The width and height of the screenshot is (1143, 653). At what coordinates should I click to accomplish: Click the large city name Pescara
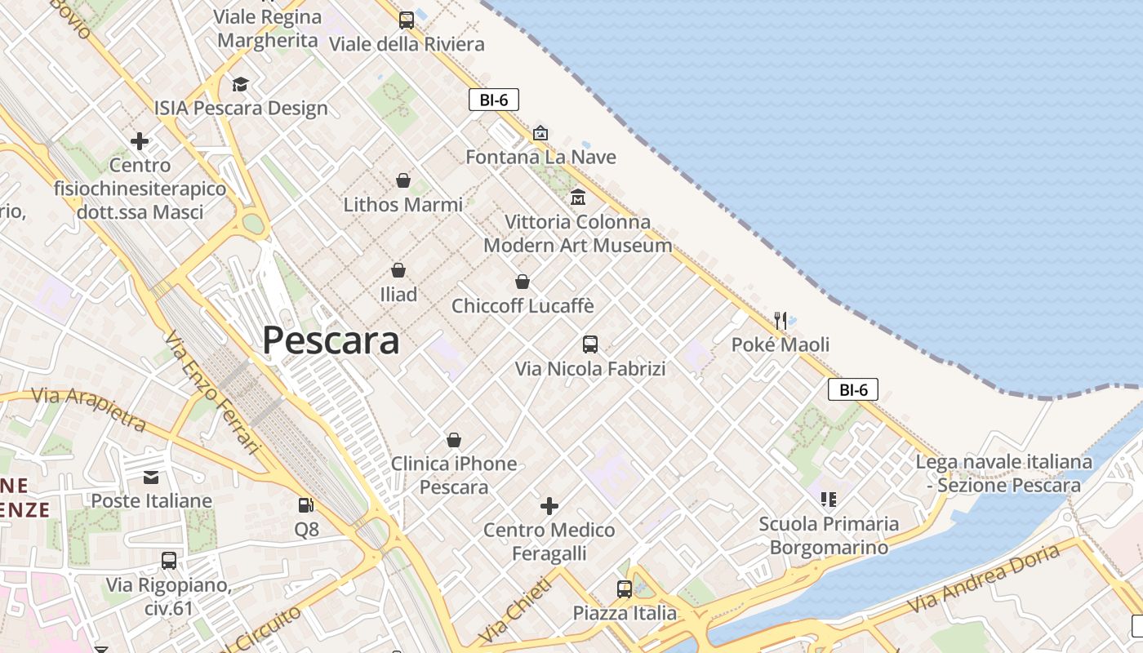[331, 340]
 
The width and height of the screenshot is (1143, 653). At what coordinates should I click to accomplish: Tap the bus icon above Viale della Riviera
[406, 20]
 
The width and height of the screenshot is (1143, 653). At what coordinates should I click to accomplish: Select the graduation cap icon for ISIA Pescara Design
[240, 84]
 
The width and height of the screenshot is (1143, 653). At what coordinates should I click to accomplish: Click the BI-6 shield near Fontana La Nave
[494, 100]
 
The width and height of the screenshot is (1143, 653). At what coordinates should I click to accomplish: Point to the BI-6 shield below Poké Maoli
[853, 390]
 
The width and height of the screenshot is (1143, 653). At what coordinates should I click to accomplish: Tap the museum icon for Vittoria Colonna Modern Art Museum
[578, 198]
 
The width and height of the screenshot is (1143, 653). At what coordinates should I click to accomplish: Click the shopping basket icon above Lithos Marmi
[402, 180]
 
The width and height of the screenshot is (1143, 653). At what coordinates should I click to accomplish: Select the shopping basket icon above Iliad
[398, 270]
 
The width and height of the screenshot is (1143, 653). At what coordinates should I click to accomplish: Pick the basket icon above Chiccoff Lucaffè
[523, 282]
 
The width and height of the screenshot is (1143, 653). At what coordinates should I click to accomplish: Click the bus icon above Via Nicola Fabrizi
[590, 344]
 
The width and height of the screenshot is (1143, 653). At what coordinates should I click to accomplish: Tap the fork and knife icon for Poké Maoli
[781, 320]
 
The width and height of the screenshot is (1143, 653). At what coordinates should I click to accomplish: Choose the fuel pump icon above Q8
[306, 505]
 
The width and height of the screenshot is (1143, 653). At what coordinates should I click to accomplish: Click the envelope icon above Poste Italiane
[151, 477]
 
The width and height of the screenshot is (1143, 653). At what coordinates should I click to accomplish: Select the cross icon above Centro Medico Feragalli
[549, 506]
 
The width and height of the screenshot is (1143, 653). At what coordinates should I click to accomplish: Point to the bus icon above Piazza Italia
[625, 589]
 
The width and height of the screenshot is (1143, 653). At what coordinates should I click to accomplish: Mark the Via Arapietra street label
[88, 409]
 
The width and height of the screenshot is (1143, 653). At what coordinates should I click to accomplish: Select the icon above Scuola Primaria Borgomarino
[829, 499]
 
